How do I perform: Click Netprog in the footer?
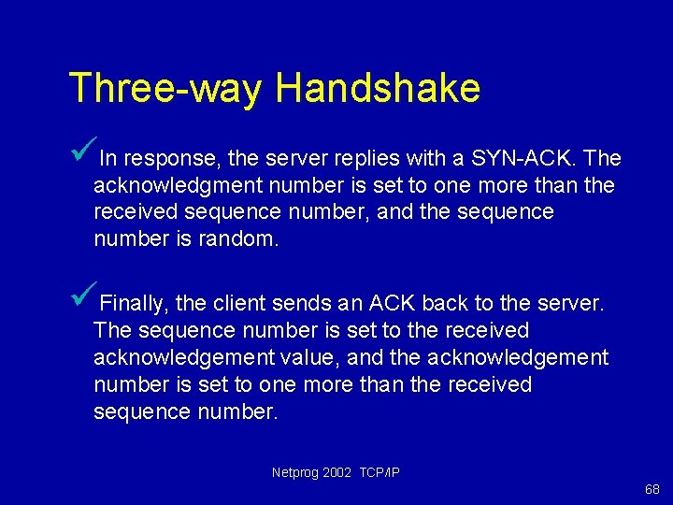pyautogui.click(x=294, y=472)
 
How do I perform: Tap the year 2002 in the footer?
pyautogui.click(x=338, y=472)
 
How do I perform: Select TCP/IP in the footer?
pyautogui.click(x=379, y=472)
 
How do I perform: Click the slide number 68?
pyautogui.click(x=652, y=490)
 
